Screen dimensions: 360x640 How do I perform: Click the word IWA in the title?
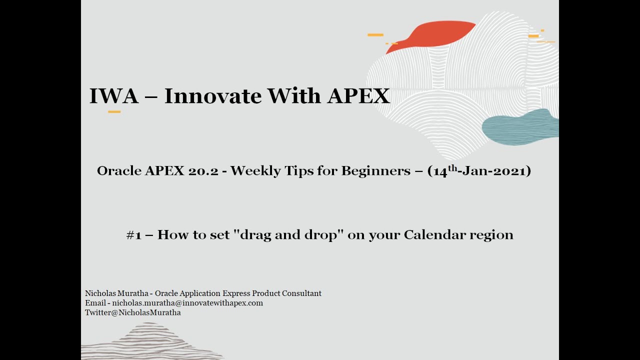113,95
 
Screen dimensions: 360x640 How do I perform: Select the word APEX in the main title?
358,95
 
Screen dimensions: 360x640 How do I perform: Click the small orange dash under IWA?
114,111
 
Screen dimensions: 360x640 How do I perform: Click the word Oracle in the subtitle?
119,171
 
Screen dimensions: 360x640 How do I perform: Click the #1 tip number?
133,235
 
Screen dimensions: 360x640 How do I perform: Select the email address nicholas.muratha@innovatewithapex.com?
187,303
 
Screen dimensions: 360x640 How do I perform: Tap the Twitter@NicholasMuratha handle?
132,312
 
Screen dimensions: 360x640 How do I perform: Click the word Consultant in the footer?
301,293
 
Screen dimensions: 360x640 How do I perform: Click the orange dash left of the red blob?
375,35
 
